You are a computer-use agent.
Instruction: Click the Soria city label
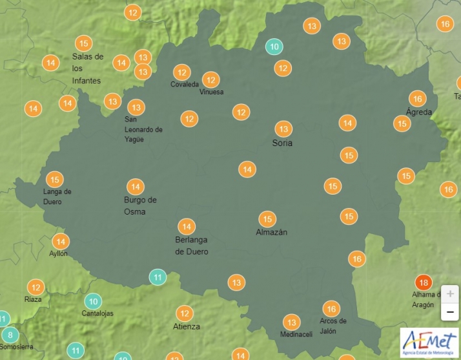(x=282, y=143)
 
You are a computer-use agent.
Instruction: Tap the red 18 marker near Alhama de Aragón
(x=424, y=282)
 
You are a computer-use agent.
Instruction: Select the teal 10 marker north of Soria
(x=274, y=47)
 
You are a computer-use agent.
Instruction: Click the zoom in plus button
(x=450, y=293)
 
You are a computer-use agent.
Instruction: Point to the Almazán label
(x=271, y=232)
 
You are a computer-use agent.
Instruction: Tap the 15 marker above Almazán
(x=267, y=219)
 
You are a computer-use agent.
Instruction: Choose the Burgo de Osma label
(x=140, y=206)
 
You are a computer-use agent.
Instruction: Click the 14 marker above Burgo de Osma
(x=135, y=187)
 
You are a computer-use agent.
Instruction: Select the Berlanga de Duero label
(x=192, y=246)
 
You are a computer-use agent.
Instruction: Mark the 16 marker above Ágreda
(x=418, y=99)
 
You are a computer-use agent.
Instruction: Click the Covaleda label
(x=185, y=85)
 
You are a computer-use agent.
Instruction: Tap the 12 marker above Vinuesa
(x=210, y=79)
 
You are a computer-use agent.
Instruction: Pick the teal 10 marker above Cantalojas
(x=94, y=301)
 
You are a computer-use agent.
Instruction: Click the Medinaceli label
(x=296, y=334)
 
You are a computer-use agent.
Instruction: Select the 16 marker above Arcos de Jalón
(x=331, y=308)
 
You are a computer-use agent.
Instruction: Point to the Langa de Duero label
(x=57, y=196)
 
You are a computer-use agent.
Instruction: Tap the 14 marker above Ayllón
(x=61, y=242)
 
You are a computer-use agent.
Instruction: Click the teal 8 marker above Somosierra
(x=10, y=335)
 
